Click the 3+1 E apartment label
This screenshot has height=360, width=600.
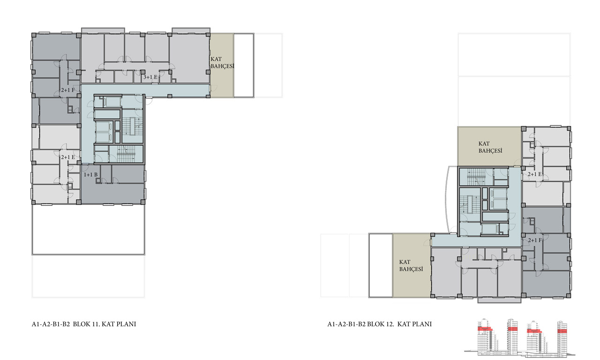point(150,77)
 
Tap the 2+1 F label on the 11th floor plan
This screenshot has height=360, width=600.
point(68,90)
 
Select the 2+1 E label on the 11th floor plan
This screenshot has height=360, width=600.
point(68,157)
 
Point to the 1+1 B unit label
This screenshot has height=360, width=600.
point(91,175)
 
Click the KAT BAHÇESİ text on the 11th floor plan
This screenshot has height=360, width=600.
point(222,62)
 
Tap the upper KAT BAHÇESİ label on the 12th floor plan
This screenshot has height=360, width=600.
point(490,147)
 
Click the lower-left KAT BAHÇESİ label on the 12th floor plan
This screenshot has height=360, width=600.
point(411,265)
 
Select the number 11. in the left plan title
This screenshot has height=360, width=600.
point(97,324)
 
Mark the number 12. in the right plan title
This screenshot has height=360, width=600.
point(390,324)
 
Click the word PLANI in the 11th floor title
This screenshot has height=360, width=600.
point(127,324)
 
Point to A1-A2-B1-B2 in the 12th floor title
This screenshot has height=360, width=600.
point(346,324)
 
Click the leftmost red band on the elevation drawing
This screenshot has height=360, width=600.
point(485,329)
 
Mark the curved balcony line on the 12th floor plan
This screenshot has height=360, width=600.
point(446,200)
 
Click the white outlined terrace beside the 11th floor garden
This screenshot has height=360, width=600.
point(244,65)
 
